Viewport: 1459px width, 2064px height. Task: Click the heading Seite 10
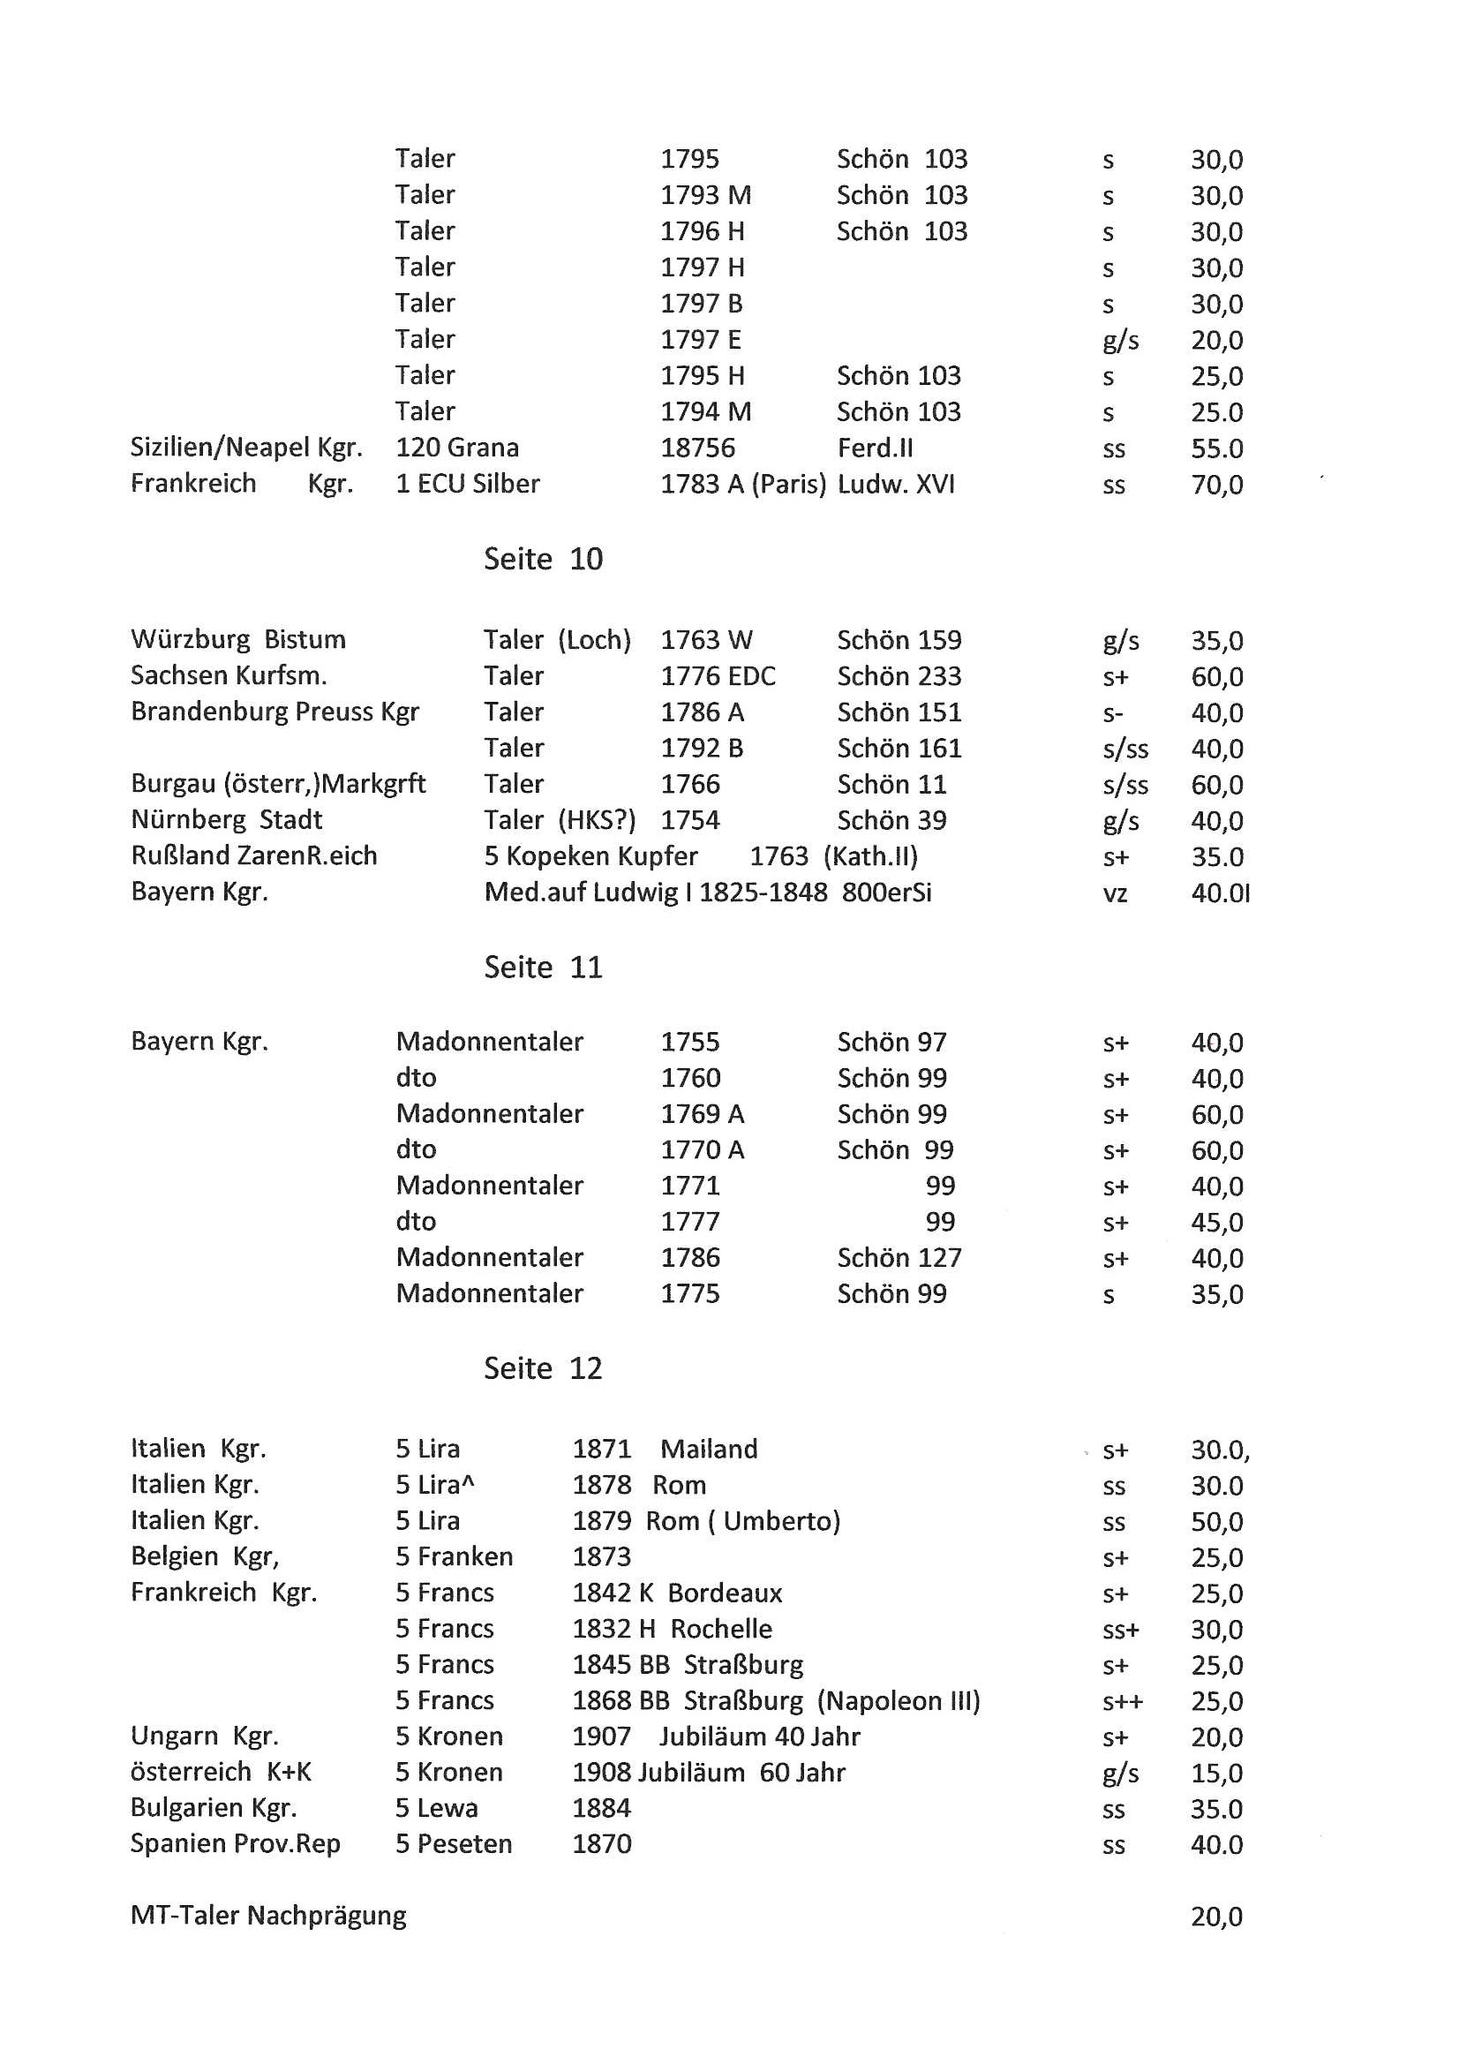click(x=543, y=559)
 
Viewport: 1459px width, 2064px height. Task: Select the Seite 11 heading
click(x=543, y=968)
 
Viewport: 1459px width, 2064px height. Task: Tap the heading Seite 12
click(x=543, y=1368)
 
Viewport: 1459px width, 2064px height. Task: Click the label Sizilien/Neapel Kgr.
click(x=246, y=448)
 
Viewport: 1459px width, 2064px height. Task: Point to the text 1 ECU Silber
click(x=468, y=484)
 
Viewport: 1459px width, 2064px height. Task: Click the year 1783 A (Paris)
click(x=742, y=485)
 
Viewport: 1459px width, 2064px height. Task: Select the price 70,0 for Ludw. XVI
click(x=1216, y=486)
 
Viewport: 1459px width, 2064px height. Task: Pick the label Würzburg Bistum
click(x=238, y=639)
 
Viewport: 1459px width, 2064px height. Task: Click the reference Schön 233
click(x=899, y=676)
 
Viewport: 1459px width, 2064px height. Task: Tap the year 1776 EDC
click(x=718, y=676)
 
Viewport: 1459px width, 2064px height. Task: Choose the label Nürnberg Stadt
click(x=227, y=820)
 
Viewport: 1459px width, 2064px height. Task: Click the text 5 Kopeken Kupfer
click(x=590, y=855)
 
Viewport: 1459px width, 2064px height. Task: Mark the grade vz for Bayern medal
click(x=1115, y=893)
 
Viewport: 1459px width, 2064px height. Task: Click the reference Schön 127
click(x=899, y=1258)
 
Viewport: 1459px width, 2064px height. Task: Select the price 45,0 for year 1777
click(x=1216, y=1223)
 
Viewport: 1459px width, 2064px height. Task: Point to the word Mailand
click(x=709, y=1449)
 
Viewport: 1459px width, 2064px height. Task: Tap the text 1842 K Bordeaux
click(x=677, y=1593)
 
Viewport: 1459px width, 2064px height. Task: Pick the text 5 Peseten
click(x=454, y=1844)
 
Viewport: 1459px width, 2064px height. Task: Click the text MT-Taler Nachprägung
click(x=268, y=1916)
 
